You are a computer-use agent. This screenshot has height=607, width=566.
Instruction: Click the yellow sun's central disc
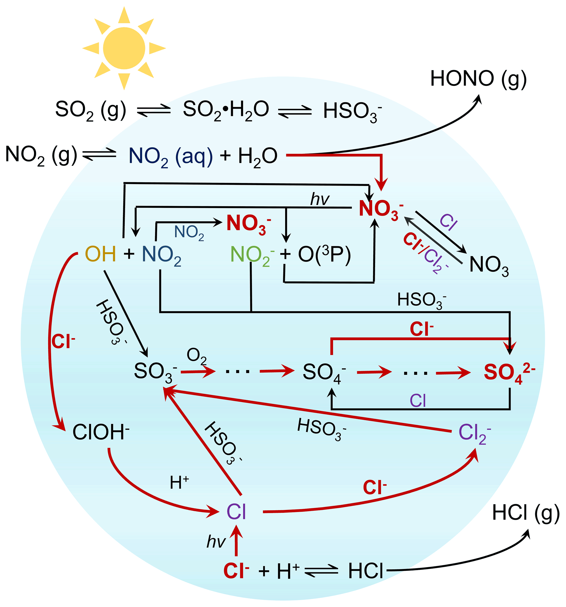pyautogui.click(x=124, y=48)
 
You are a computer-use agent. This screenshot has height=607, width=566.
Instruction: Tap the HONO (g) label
pyautogui.click(x=478, y=79)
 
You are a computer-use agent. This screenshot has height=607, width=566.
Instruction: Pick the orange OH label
pyautogui.click(x=100, y=254)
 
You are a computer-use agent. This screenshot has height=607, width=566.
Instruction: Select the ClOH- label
pyautogui.click(x=100, y=432)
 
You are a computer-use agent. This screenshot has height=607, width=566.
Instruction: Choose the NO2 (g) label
pyautogui.click(x=41, y=155)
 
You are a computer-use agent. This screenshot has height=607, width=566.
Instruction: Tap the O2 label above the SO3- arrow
pyautogui.click(x=197, y=356)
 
